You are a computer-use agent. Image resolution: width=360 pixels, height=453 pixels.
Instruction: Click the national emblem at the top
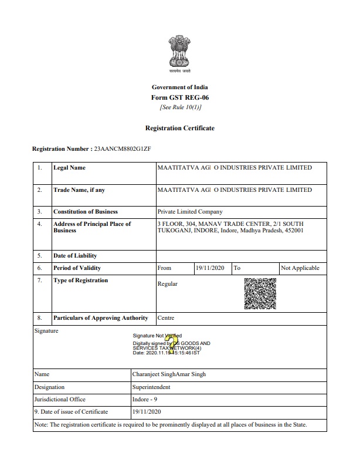point(180,52)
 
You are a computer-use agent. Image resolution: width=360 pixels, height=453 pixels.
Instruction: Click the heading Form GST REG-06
point(180,97)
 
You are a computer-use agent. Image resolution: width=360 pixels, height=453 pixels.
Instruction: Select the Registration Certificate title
point(180,128)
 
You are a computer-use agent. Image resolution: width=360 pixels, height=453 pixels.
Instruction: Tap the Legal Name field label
point(69,168)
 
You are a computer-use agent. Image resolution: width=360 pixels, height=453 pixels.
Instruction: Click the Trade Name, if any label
point(80,190)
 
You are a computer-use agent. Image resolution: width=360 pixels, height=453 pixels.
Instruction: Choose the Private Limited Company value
point(190,212)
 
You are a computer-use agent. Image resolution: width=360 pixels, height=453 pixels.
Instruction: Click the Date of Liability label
point(75,256)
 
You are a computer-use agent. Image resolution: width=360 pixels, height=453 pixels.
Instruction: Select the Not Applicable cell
point(300,268)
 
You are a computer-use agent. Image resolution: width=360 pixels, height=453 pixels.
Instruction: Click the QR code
point(260,293)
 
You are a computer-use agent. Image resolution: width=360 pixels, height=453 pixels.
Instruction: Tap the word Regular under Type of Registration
point(168,284)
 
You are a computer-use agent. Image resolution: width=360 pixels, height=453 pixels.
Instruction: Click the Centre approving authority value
point(166,318)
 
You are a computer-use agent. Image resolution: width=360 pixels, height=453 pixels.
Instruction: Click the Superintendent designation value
point(151,387)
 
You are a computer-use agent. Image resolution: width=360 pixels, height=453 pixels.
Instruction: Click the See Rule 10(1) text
point(180,107)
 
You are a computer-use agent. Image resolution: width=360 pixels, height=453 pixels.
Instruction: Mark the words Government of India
point(180,87)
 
